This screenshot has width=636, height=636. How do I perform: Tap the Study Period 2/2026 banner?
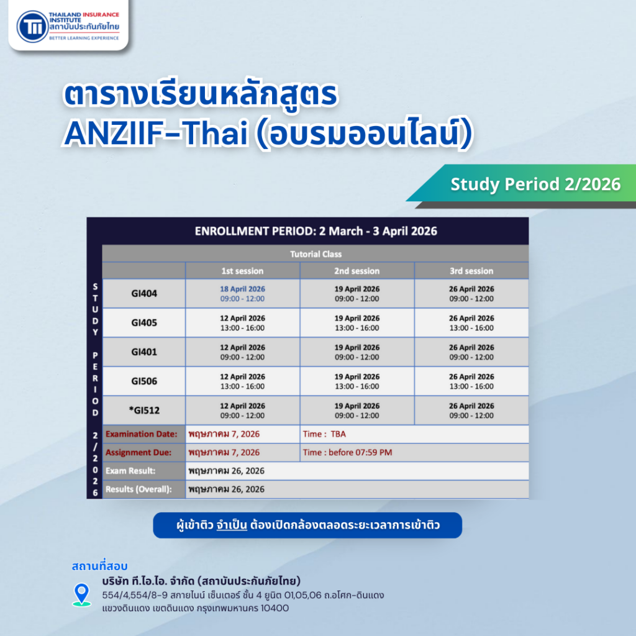535,184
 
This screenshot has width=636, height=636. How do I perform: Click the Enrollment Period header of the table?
316,231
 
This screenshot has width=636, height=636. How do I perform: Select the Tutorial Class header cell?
316,254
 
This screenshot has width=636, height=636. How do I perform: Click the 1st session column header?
242,271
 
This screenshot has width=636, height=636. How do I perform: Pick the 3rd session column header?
471,271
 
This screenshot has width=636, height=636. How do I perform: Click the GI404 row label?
144,294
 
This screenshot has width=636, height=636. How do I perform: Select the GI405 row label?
144,323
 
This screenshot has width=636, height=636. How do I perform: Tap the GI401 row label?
144,352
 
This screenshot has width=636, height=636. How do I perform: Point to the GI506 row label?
144,381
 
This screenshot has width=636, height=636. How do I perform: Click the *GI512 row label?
144,411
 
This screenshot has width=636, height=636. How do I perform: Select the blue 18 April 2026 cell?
242,294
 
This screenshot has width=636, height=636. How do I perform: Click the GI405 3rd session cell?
471,323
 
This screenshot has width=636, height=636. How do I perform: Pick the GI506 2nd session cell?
357,381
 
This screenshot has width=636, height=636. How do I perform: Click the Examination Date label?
142,434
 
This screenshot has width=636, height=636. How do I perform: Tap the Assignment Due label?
139,453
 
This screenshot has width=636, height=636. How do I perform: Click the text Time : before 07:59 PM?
347,453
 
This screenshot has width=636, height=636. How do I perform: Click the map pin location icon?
81,594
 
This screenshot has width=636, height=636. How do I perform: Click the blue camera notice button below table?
307,525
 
